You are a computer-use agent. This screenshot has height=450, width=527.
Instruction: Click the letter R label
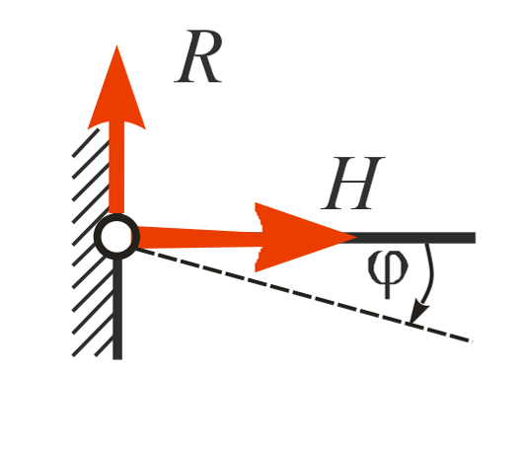(x=198, y=56)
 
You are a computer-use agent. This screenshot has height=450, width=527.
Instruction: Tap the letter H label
(x=353, y=184)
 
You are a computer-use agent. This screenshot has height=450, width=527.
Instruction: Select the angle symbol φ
(x=388, y=273)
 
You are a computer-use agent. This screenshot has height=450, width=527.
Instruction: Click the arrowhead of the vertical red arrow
(x=116, y=88)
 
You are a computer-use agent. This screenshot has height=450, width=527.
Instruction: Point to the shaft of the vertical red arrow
(x=116, y=168)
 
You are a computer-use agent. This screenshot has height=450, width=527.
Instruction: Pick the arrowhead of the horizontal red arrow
(x=304, y=237)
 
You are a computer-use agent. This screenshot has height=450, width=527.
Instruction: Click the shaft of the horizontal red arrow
(x=198, y=238)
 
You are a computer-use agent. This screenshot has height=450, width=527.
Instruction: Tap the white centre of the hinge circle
(x=116, y=237)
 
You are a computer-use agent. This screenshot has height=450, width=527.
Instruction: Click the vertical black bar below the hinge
(x=117, y=309)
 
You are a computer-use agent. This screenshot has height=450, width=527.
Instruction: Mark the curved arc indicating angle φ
(x=429, y=275)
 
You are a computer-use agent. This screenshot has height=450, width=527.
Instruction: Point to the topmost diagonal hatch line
(x=86, y=142)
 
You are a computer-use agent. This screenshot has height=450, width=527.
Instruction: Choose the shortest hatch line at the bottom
(x=104, y=346)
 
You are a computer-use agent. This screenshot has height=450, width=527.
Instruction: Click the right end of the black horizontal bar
(x=476, y=238)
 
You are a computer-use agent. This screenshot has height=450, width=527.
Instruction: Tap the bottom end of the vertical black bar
(x=117, y=359)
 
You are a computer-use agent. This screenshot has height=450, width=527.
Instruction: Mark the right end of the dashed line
(x=471, y=341)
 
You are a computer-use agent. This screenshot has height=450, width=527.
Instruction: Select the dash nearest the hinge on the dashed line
(x=144, y=251)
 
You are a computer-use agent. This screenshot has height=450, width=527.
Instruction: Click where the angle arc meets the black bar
(x=426, y=244)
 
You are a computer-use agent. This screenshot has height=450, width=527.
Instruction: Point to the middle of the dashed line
(x=303, y=295)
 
